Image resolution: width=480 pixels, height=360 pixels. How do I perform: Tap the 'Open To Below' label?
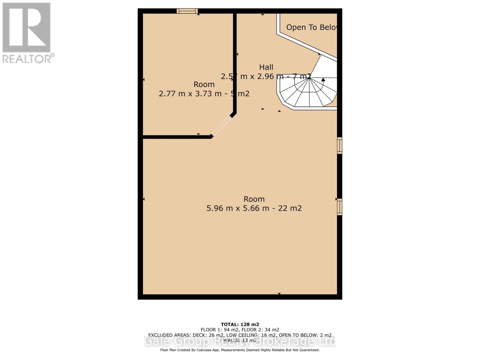pos(311,27)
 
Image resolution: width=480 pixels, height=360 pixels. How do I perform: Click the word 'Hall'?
pos(266,67)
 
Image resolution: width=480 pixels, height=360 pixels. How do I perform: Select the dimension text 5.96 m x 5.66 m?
pos(238,208)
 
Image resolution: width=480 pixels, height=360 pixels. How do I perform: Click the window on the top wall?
pos(187,11)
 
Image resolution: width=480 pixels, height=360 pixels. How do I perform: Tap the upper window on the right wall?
pos(339,145)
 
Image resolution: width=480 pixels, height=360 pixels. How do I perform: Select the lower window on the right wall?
pos(339,207)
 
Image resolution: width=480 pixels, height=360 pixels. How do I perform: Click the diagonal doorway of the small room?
pos(221,126)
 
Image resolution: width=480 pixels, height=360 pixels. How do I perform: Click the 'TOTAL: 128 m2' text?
pos(240,324)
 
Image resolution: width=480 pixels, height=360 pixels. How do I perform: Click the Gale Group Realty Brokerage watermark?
pos(240,341)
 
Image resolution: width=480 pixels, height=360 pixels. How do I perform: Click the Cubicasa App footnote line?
pos(240,350)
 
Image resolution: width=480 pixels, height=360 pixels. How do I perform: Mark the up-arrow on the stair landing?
pos(323,79)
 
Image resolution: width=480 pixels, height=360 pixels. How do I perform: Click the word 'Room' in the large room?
pos(254,199)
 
